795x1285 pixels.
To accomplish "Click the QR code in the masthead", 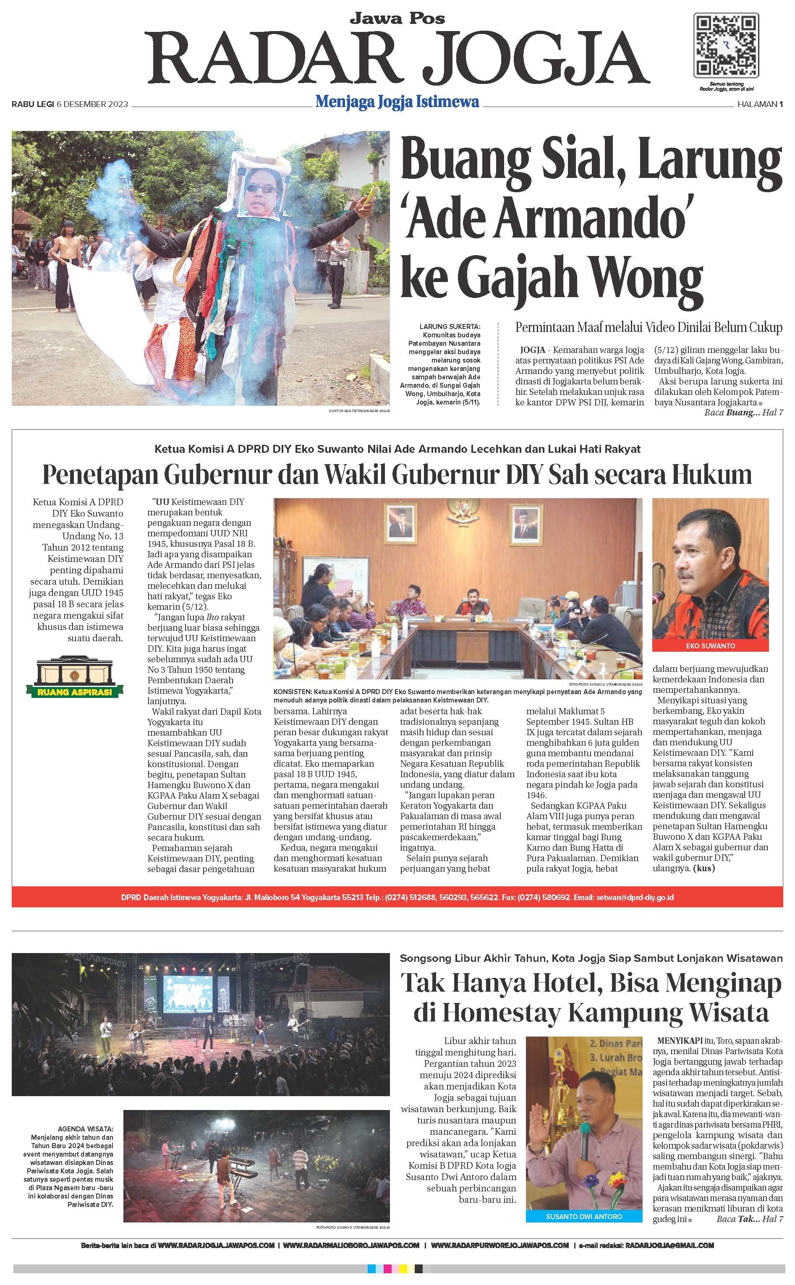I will [x=726, y=45].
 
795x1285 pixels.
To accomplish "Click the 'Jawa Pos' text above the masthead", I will [x=397, y=18].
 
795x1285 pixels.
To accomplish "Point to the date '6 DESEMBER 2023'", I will [x=92, y=104].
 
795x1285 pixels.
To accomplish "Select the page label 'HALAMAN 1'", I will [x=760, y=104].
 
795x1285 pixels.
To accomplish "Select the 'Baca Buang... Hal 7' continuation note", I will [x=743, y=413].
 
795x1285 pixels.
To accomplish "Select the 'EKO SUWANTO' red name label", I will [x=710, y=645].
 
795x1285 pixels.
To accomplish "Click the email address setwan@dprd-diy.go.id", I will [x=635, y=898].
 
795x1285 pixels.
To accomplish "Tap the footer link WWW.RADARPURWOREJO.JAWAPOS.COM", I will [x=499, y=1245].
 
